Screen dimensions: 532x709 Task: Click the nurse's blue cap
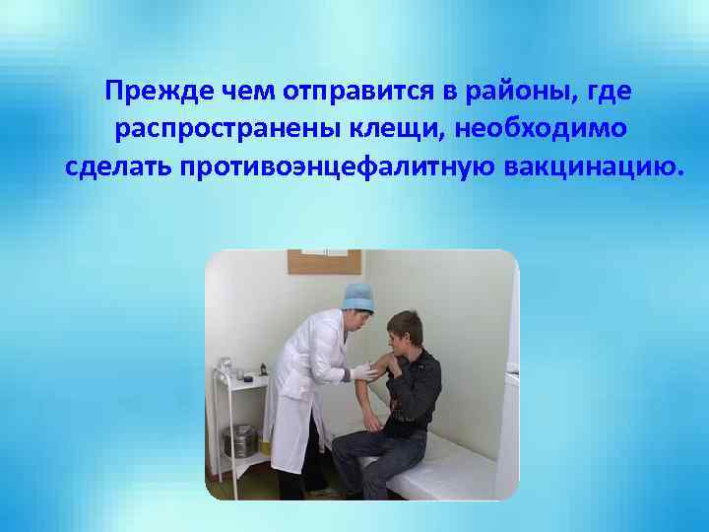coord(357,295)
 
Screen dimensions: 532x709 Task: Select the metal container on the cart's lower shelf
coord(240,439)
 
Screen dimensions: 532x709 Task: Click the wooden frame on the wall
coord(322,261)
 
